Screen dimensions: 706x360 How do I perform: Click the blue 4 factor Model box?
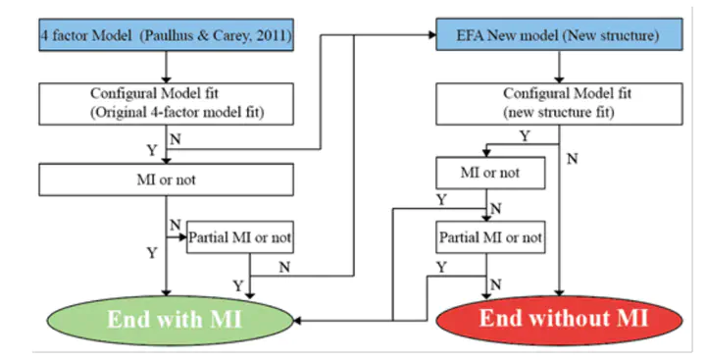(166, 34)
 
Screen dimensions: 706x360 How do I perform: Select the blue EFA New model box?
(559, 34)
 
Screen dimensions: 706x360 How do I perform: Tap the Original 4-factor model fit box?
(166, 104)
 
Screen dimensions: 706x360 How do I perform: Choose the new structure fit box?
(559, 104)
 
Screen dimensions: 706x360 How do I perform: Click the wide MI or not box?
(166, 180)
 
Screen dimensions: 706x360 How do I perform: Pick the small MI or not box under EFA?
(490, 173)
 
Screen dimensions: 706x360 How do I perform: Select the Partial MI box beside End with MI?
(240, 237)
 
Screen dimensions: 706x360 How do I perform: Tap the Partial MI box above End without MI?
(490, 237)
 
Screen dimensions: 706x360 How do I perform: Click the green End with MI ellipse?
(171, 321)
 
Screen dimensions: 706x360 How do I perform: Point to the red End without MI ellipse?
(560, 320)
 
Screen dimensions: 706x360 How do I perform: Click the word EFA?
(470, 35)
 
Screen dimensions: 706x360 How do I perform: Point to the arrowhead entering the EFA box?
(432, 34)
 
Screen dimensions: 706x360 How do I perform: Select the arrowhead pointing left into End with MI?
(297, 321)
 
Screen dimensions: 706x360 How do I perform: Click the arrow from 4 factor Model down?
(166, 67)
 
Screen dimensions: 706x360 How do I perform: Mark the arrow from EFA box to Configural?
(559, 67)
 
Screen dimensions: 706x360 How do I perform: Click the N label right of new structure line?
(572, 159)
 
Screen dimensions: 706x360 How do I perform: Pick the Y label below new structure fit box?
(525, 135)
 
